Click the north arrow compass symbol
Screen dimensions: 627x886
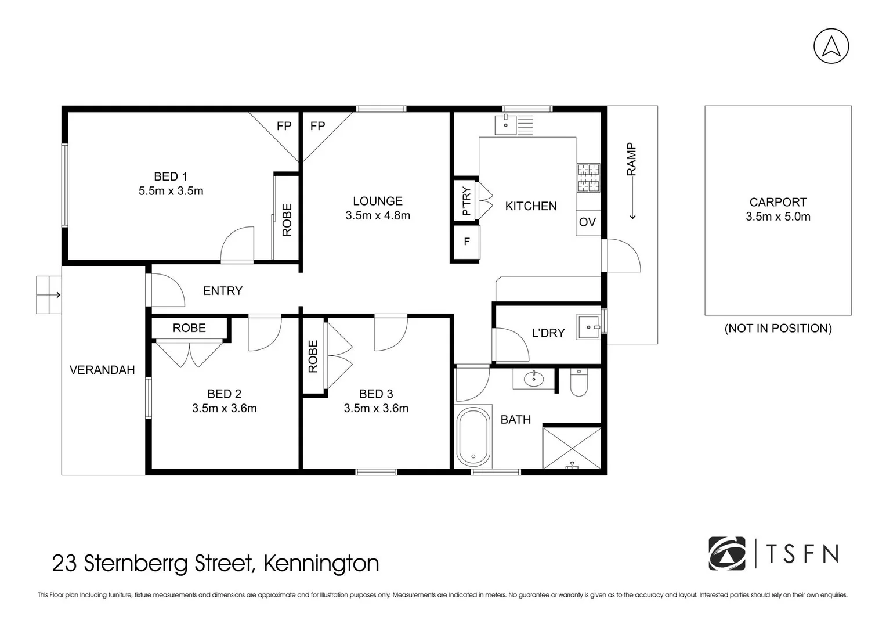[x=831, y=46]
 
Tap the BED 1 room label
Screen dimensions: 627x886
[x=171, y=176]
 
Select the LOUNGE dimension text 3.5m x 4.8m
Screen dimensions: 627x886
[x=378, y=215]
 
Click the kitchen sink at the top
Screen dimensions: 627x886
[x=506, y=125]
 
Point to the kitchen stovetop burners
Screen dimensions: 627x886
[x=588, y=178]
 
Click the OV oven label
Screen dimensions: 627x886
[x=587, y=222]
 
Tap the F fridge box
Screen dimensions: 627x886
[x=466, y=242]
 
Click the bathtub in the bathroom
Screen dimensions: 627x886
[x=473, y=437]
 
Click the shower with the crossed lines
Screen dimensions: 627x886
[x=572, y=448]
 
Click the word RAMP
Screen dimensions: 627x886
[x=631, y=160]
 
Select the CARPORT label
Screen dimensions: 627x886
[x=777, y=203]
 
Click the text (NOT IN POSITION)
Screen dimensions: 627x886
[x=777, y=329]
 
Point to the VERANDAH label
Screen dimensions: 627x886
[x=102, y=370]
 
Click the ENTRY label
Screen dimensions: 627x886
[x=223, y=291]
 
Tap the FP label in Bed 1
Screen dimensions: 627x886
[x=284, y=126]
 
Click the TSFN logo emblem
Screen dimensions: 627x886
[x=727, y=553]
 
